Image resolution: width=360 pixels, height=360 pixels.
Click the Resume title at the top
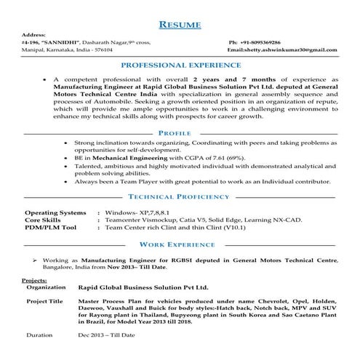click(180, 24)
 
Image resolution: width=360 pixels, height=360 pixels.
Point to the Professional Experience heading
click(180, 65)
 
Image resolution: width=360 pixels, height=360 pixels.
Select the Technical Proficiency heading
click(180, 197)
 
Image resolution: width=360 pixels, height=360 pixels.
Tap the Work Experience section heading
click(180, 245)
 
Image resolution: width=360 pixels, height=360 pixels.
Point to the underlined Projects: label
click(34, 280)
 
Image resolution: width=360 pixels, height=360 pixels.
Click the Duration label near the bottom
click(39, 335)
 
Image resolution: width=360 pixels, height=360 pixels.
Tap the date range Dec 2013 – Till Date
click(108, 335)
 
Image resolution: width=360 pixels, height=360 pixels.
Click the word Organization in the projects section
click(47, 287)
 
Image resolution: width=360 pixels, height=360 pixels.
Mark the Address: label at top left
click(35, 35)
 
